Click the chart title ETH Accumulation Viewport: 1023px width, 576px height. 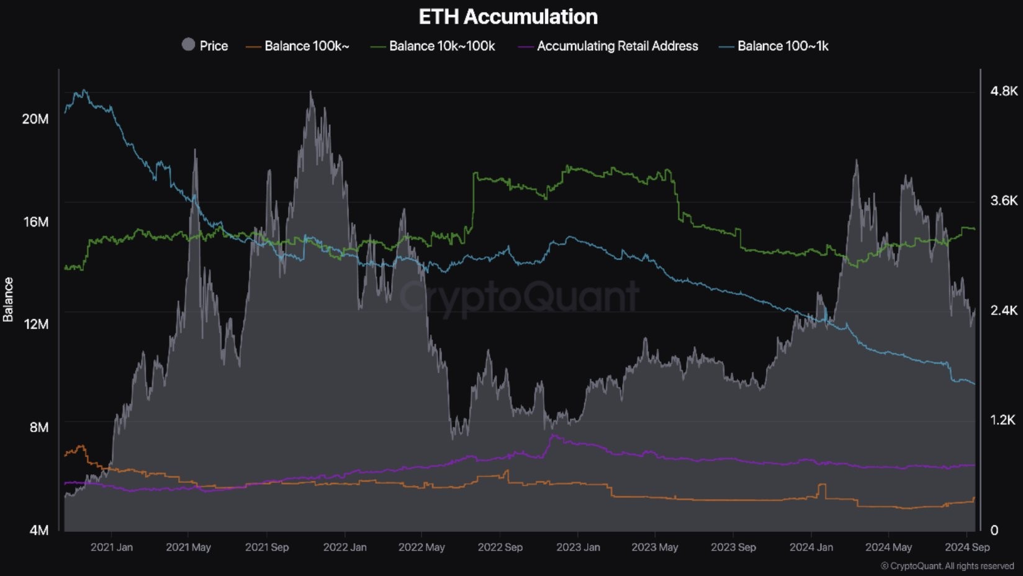coord(508,17)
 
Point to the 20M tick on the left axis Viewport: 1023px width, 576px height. coord(35,119)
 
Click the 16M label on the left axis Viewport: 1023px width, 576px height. coord(35,222)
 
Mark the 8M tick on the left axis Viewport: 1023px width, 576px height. coord(38,427)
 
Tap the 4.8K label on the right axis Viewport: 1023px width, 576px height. coord(1004,91)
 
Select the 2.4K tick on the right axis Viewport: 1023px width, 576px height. coord(1004,310)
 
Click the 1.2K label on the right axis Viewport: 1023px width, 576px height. coord(1003,420)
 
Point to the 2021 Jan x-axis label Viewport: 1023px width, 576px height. coord(112,547)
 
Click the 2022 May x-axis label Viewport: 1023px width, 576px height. coord(421,547)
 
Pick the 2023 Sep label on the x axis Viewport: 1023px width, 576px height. coord(733,547)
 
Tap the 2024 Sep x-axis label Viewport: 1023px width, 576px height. coord(967,547)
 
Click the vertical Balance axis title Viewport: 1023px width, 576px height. coord(8,300)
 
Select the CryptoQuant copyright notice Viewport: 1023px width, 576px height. coord(947,566)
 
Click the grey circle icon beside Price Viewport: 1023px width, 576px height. coord(188,45)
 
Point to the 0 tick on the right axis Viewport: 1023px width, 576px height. coord(994,530)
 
